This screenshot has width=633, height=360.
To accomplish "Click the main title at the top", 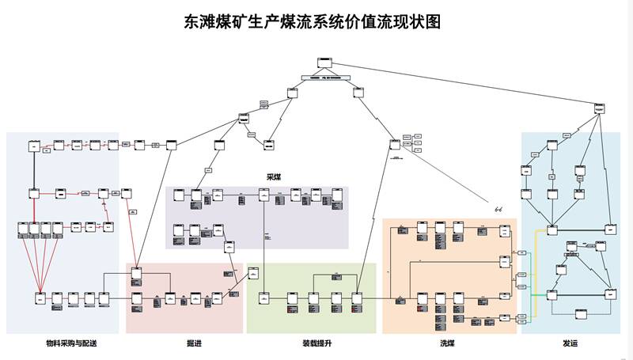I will coord(312,22).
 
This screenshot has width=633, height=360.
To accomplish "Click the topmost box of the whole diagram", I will coord(324,63).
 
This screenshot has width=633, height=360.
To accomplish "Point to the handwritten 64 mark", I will coord(498,209).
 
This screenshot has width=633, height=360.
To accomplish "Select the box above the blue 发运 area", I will coord(599,108).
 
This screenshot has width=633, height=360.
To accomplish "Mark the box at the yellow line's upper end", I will coord(552,229).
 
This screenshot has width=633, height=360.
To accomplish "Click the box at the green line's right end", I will coord(552,294).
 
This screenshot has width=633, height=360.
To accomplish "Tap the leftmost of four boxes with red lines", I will coord(23,229).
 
